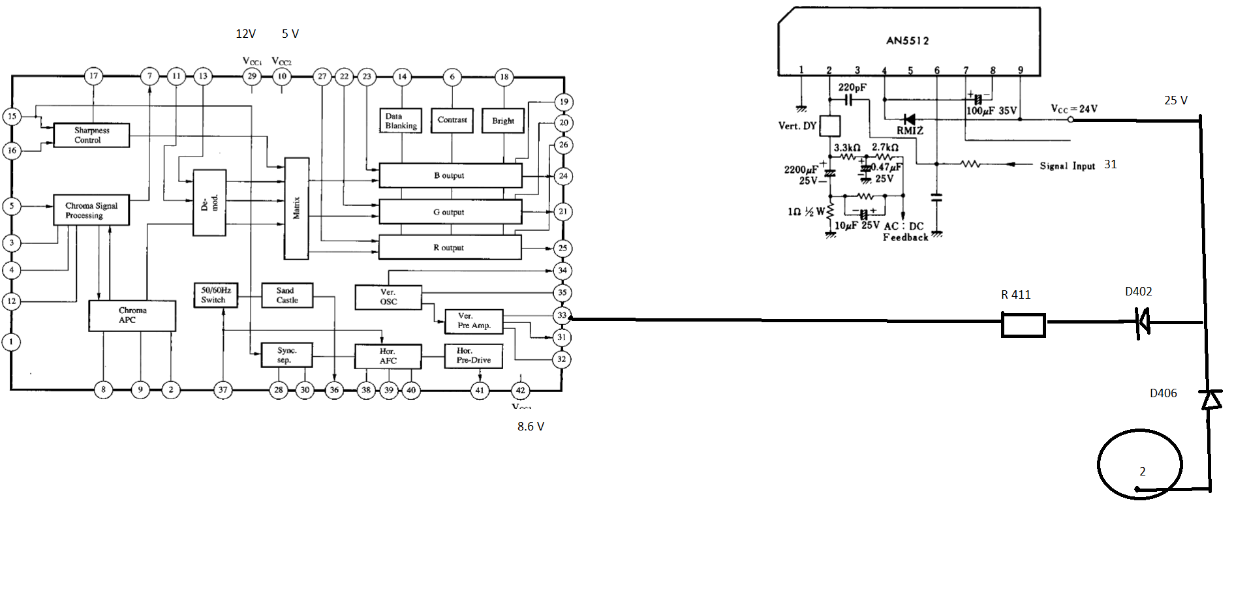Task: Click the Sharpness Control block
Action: (91, 135)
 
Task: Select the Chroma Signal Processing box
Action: (91, 210)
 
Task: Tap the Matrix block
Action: (296, 208)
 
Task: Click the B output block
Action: (450, 175)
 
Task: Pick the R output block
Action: (450, 248)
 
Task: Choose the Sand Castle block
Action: (287, 295)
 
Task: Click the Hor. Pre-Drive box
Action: (474, 356)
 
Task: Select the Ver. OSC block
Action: (388, 297)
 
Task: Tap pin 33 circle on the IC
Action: (562, 316)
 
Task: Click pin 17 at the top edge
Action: (94, 76)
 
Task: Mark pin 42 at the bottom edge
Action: (520, 391)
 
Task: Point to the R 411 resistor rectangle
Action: (1023, 325)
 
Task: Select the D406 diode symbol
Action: (1210, 398)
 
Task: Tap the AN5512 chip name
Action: (907, 40)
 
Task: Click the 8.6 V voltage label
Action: (531, 427)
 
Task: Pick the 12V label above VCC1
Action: (246, 34)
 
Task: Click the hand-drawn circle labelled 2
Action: (1140, 465)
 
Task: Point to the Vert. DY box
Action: (829, 126)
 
